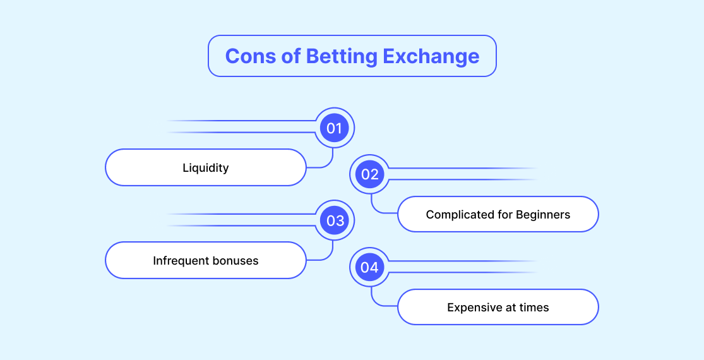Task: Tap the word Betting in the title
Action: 342,57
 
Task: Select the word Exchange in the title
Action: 431,57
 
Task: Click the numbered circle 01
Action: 335,128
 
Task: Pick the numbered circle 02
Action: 369,174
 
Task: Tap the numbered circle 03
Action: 335,220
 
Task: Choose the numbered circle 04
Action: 369,267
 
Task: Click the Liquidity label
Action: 206,168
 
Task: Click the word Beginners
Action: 543,215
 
